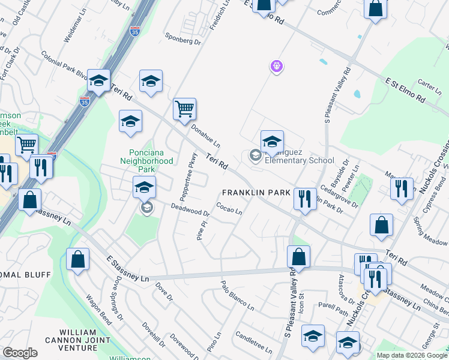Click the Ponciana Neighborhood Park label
click(x=151, y=161)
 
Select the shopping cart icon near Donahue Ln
click(x=185, y=109)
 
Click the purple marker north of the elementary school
click(x=276, y=65)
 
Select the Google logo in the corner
click(x=20, y=353)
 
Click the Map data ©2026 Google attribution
click(x=411, y=355)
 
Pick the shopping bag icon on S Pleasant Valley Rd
click(x=298, y=256)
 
